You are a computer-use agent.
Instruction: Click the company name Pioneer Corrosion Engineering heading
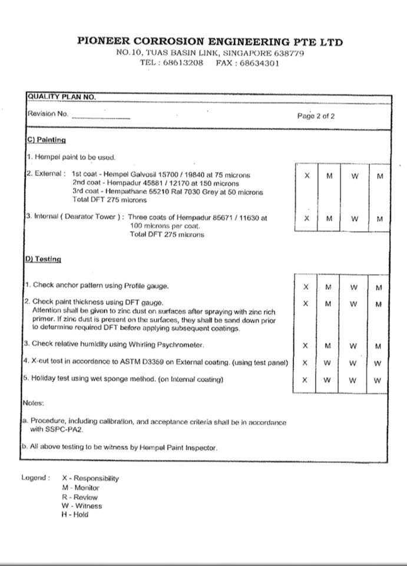click(210, 42)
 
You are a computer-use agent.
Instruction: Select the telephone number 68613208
click(183, 63)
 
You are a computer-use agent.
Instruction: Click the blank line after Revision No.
click(101, 117)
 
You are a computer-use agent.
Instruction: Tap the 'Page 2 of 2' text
click(316, 116)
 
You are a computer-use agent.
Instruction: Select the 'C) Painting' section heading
click(46, 140)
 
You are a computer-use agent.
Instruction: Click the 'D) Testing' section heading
click(44, 259)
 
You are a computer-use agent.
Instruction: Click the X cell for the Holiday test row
click(305, 380)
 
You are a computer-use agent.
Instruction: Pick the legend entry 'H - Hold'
click(75, 514)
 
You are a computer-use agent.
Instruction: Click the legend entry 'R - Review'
click(80, 497)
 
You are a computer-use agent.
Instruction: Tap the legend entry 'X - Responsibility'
click(90, 478)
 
